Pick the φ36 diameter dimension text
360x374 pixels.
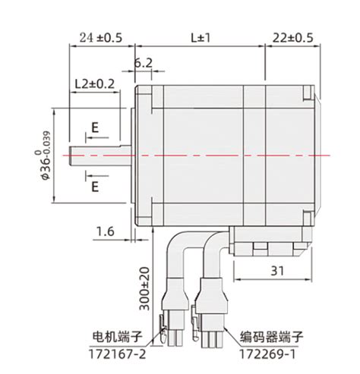pos(46,155)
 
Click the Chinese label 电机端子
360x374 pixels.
pos(118,337)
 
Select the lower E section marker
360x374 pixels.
pos(94,186)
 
